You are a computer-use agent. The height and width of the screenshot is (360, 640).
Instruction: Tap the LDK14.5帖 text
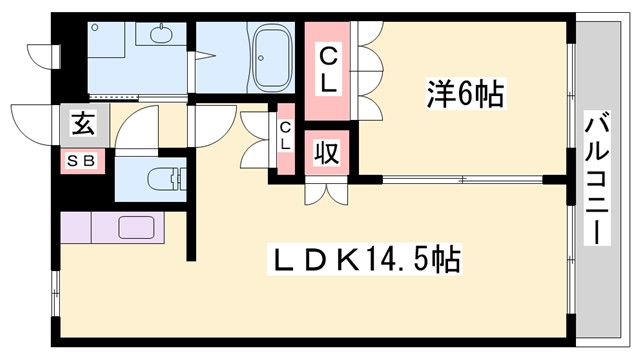click(366, 261)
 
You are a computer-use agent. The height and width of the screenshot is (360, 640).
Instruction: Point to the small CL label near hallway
click(285, 135)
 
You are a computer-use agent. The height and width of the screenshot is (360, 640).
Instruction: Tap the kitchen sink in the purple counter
click(135, 226)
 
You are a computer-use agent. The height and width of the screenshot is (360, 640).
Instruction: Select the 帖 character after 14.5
click(446, 261)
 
